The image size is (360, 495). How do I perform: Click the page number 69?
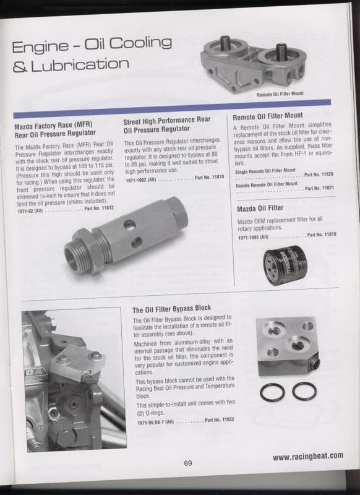tap(187, 463)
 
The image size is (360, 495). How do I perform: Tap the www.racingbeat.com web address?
tap(308, 456)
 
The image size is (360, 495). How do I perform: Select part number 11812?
tap(99, 208)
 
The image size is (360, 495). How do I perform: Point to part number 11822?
tap(220, 420)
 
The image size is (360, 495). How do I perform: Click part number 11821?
tap(319, 188)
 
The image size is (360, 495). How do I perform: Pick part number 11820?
tap(319, 174)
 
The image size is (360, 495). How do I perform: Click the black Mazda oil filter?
tap(285, 265)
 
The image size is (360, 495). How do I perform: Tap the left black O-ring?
tap(272, 392)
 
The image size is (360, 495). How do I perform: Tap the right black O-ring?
tap(304, 391)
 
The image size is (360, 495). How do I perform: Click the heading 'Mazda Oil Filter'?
tap(260, 209)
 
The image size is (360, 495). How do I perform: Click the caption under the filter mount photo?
tap(280, 94)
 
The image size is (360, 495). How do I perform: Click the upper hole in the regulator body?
tap(130, 225)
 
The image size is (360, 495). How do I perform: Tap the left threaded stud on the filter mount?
tap(226, 43)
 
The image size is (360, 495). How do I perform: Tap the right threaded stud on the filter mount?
tap(281, 51)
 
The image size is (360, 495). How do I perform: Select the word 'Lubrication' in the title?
tap(80, 65)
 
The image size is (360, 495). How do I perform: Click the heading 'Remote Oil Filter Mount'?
tap(268, 116)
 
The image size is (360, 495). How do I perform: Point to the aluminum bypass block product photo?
tap(288, 346)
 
